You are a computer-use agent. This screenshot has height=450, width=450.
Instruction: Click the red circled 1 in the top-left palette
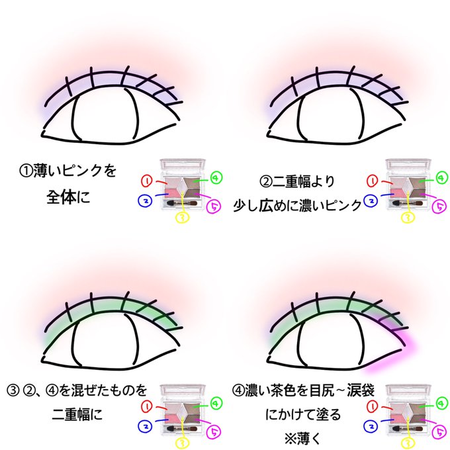147,179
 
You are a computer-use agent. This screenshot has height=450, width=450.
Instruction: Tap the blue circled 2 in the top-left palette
145,199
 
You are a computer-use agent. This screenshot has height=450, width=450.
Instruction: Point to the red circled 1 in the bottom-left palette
147,403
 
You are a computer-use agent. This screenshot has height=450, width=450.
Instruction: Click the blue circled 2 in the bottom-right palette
371,424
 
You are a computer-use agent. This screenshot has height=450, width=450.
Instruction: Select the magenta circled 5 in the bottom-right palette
439,431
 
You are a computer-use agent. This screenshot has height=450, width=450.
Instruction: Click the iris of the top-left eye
104,118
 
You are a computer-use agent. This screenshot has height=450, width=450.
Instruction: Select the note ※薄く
302,438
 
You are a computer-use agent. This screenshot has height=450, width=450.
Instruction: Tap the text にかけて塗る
302,416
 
